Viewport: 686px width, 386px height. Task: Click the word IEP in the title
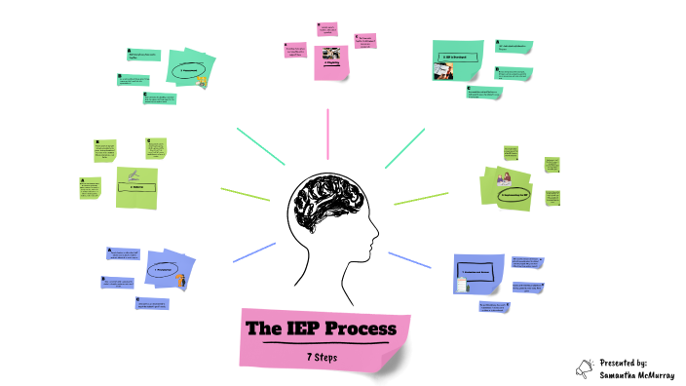coord(308,328)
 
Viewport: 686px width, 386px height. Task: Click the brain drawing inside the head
coord(325,206)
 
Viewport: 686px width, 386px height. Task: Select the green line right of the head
coord(420,197)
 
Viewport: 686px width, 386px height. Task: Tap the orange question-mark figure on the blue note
coord(181,280)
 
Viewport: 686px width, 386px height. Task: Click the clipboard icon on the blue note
coord(463,284)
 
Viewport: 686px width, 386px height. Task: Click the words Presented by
coord(625,362)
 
